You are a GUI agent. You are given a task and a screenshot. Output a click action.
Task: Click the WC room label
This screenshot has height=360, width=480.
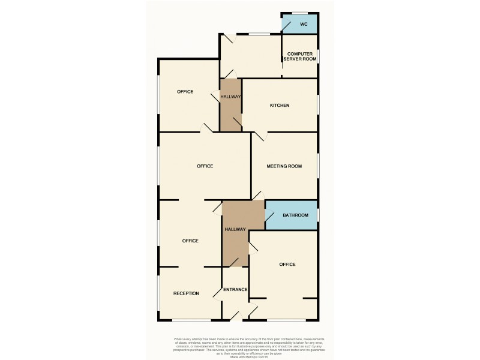304,25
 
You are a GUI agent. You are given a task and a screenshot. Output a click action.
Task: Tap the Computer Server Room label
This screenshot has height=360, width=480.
300,56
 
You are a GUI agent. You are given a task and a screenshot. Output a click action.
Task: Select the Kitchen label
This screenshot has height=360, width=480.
280,106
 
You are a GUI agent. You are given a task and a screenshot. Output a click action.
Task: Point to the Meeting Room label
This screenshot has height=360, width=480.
284,166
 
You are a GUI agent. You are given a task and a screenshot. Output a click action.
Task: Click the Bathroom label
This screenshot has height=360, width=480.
296,215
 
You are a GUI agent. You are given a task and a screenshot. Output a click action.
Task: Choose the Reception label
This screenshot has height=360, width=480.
186,293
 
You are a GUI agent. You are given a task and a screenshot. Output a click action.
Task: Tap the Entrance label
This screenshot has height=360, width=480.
235,290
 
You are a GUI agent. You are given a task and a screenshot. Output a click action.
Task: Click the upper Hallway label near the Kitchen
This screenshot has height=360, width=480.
230,97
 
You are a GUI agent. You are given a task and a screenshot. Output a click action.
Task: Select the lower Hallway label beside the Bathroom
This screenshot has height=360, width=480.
235,229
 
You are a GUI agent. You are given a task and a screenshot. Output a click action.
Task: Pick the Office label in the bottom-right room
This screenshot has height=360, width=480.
287,265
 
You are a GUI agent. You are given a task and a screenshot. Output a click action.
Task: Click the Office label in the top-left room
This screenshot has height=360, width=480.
185,92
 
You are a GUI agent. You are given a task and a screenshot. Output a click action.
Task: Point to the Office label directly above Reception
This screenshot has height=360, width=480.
190,241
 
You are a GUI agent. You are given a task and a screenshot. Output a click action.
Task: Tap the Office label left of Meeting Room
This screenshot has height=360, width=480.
205,166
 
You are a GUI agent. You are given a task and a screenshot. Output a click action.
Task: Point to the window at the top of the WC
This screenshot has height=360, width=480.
300,13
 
